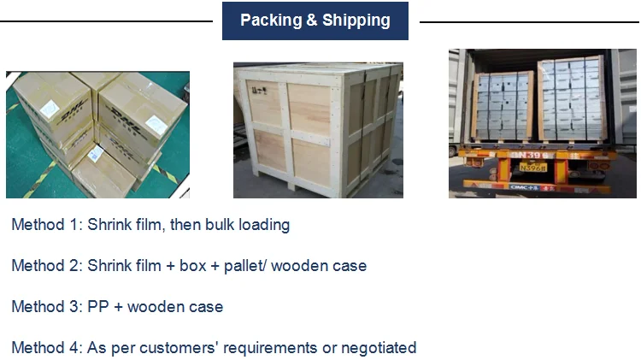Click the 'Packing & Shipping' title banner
[315, 21]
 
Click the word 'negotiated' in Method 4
[379, 348]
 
